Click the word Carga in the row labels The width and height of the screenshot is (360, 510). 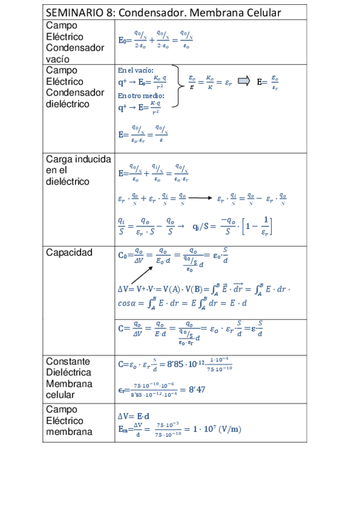[x=61, y=159]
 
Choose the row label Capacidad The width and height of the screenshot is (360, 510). [x=69, y=253]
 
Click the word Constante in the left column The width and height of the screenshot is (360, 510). [x=68, y=361]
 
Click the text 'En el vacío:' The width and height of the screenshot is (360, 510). [x=136, y=70]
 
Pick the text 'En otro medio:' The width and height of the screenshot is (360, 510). [x=141, y=95]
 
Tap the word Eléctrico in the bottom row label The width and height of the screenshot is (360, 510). [x=64, y=420]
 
